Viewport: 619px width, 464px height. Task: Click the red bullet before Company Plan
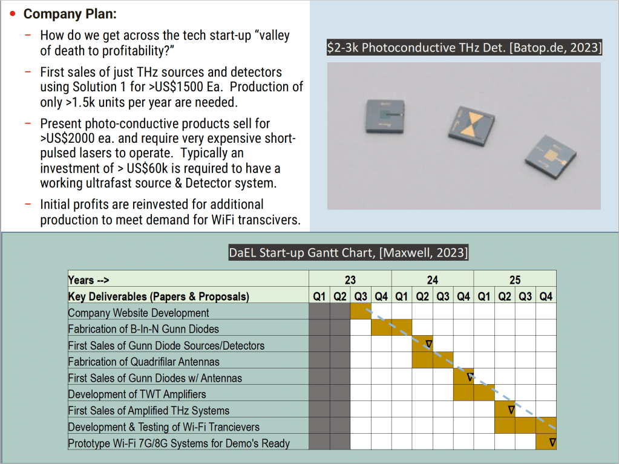13,14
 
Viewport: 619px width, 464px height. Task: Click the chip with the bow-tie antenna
471,126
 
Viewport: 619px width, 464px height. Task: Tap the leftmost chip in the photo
385,116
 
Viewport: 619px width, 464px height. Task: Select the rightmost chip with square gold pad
550,157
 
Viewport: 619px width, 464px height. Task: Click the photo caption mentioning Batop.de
464,48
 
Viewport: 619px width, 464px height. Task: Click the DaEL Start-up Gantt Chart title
349,252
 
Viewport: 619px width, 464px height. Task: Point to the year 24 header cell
433,279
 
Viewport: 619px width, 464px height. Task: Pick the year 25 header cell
515,279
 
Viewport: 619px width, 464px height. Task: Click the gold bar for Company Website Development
361,311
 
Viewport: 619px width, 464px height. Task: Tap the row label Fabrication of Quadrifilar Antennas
143,362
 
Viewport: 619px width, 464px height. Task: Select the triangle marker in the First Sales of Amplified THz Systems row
511,410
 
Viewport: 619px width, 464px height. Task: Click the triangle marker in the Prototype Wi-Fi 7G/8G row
552,442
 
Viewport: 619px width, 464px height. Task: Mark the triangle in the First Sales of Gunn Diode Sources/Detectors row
429,344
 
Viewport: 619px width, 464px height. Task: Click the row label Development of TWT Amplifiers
137,394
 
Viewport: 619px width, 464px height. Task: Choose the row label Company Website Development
138,313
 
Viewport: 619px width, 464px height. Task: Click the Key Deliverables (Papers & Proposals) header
159,296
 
